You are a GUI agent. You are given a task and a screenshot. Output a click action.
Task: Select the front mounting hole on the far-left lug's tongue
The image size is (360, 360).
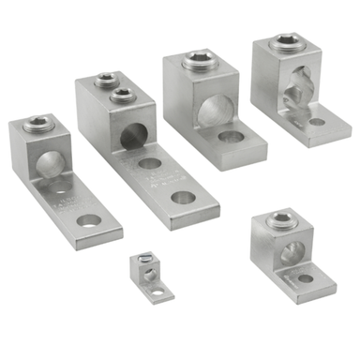(89, 221)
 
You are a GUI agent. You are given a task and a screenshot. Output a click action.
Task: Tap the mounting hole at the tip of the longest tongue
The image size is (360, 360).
(185, 199)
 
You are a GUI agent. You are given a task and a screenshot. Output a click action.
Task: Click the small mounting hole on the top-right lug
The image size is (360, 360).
(318, 121)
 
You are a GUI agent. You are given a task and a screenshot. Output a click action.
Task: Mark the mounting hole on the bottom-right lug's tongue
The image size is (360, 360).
(307, 277)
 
